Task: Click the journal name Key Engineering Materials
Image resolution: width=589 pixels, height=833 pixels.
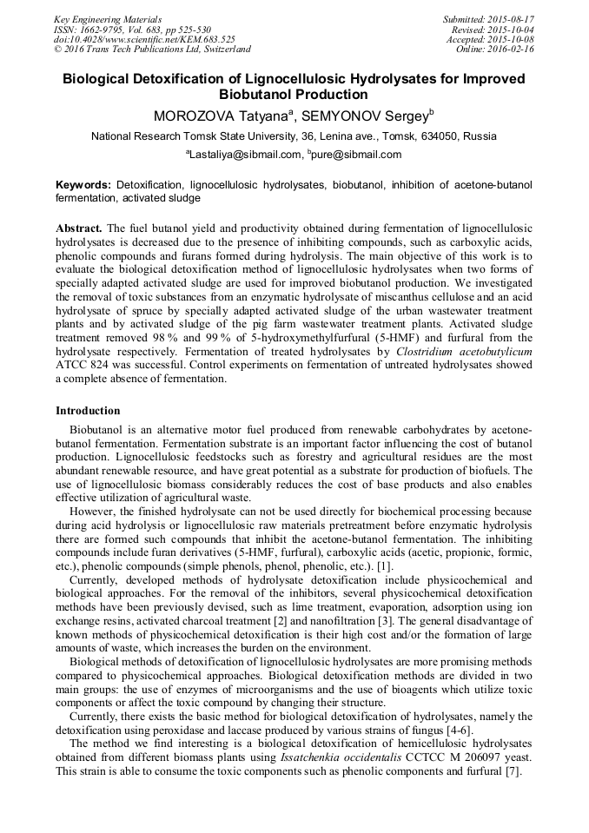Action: (x=108, y=18)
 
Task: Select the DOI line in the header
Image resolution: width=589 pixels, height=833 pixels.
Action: (x=144, y=39)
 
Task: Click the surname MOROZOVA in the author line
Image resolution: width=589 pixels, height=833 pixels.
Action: (x=195, y=116)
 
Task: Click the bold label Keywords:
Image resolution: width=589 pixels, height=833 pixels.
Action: (x=83, y=185)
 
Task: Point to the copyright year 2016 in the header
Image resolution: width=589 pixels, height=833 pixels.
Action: (x=75, y=50)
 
